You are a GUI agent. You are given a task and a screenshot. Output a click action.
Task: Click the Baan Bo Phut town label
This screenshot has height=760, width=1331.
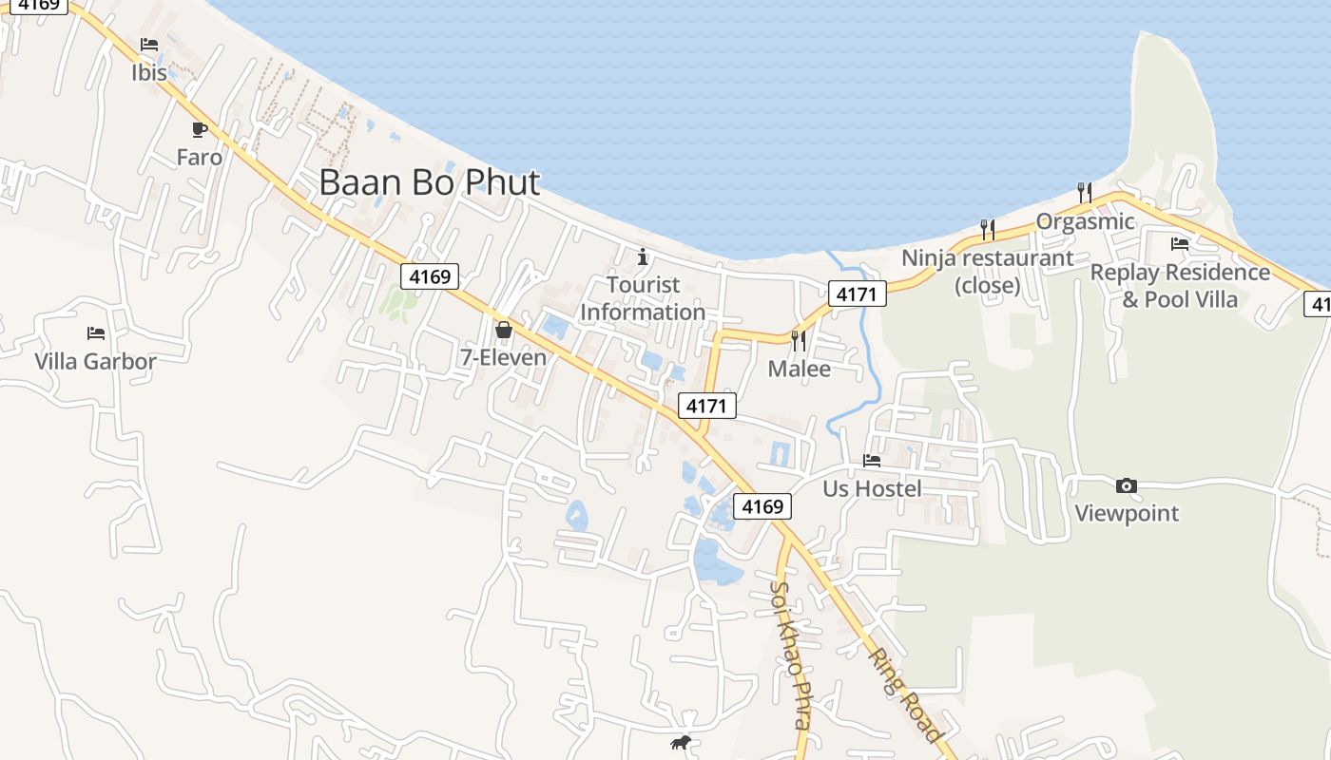click(429, 182)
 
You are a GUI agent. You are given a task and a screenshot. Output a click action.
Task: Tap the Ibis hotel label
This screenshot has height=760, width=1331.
click(149, 72)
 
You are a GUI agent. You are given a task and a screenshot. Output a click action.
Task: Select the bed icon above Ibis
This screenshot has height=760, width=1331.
click(149, 45)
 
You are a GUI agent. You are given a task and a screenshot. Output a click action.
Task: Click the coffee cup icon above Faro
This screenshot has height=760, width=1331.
click(199, 129)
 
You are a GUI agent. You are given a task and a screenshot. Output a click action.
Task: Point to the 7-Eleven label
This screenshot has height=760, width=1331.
click(503, 357)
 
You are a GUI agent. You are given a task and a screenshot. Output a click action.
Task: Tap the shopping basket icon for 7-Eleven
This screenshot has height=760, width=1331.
click(503, 330)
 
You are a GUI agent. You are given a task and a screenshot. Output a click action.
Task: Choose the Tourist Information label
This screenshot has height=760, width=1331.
click(643, 298)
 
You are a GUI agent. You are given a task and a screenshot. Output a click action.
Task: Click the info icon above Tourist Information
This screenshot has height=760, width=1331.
click(643, 256)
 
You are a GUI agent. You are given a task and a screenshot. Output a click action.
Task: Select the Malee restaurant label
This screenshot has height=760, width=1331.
click(799, 369)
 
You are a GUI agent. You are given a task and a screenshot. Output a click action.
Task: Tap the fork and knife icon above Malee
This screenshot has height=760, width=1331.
click(799, 340)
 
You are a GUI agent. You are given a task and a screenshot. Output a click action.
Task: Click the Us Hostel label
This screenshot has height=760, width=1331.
click(872, 488)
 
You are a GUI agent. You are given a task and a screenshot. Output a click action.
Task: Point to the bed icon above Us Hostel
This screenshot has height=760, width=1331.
click(872, 461)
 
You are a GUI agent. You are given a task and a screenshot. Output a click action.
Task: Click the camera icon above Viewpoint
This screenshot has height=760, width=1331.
click(1127, 486)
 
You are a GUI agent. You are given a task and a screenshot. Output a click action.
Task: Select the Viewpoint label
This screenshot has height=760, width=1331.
click(1127, 513)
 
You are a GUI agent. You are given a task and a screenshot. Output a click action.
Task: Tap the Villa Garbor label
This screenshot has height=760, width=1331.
click(95, 361)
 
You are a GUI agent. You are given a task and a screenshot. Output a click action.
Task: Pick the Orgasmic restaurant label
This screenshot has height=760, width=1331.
click(1085, 221)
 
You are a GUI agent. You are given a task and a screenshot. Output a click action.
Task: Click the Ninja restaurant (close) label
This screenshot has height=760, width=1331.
click(987, 271)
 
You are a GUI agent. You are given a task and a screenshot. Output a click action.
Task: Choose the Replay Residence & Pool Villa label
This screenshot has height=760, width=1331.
click(1180, 286)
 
